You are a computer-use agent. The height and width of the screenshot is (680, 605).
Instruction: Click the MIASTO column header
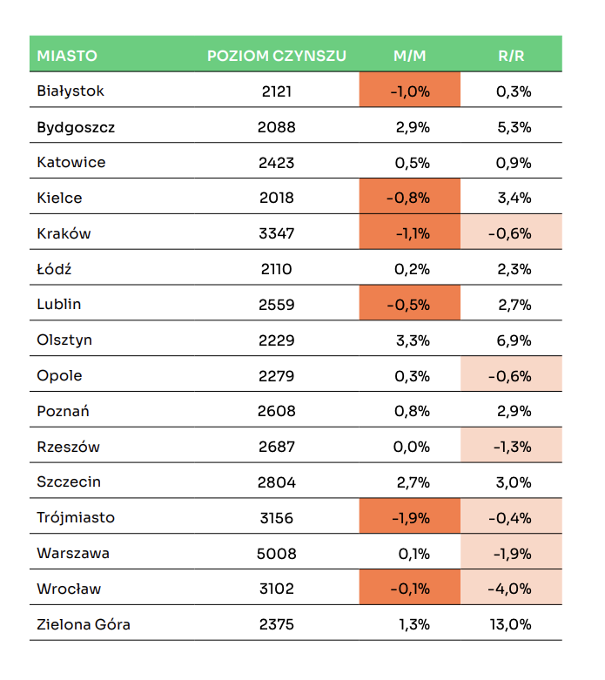point(67,56)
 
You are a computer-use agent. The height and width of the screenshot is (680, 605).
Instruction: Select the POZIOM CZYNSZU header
point(277,56)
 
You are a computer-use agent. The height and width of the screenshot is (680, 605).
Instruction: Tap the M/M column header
point(410,56)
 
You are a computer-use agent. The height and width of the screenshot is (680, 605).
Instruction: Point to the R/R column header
point(511,56)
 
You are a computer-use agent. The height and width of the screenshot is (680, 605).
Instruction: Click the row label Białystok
point(71,91)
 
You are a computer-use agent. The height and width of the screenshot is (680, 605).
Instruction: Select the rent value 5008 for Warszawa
point(277,554)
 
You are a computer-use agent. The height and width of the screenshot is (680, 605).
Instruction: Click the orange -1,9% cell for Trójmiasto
point(410,518)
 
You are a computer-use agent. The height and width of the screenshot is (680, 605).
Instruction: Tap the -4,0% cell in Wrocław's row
point(511,589)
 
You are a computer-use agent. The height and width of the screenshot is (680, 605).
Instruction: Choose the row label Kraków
point(64,233)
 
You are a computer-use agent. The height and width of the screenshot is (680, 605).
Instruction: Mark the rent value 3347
point(277,233)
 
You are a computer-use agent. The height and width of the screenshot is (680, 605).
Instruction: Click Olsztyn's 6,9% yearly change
point(513,340)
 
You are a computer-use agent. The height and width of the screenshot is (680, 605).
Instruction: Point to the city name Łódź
point(54,269)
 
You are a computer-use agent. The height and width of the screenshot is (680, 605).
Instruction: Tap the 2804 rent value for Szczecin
point(277,482)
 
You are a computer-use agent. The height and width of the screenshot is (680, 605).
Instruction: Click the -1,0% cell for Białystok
point(410,91)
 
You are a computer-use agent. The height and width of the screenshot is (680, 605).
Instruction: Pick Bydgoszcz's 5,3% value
point(513,127)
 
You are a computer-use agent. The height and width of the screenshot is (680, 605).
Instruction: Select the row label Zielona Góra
point(84,624)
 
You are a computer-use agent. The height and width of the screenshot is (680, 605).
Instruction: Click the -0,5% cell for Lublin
point(410,305)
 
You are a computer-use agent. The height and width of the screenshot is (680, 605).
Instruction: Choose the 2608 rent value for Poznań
point(277,411)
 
